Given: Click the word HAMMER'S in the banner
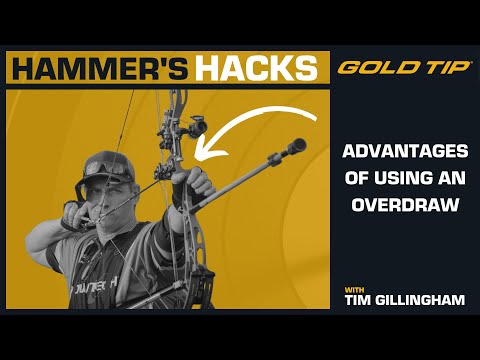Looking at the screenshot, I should pos(100,68).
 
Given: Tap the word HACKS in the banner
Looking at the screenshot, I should pos(257,68).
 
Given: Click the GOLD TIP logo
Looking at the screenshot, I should pos(401,68).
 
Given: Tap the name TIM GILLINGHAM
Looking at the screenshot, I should pos(402,300).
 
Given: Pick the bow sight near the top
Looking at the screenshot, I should pos(194,126).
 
